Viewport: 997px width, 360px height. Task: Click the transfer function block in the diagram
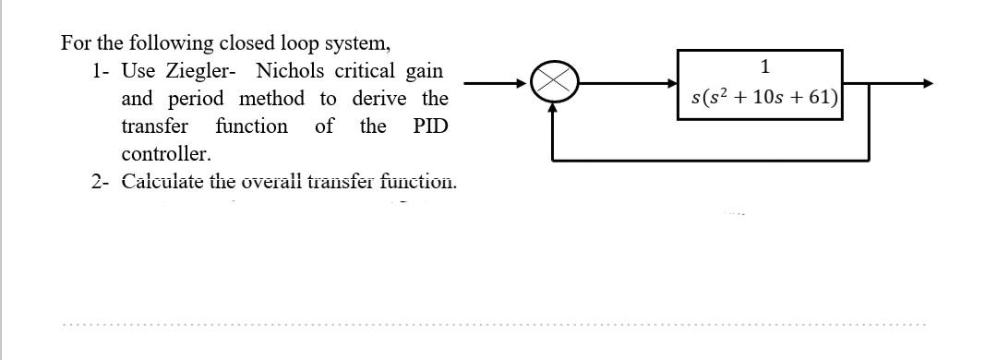[x=761, y=84]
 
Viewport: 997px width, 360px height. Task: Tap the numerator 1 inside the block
[x=765, y=66]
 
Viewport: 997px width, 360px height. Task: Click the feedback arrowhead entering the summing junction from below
[x=553, y=107]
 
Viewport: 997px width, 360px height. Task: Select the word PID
[x=430, y=126]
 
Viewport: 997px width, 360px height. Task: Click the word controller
[x=166, y=153]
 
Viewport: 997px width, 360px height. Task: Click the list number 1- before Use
[x=102, y=71]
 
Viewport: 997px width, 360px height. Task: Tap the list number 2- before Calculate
[x=102, y=181]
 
